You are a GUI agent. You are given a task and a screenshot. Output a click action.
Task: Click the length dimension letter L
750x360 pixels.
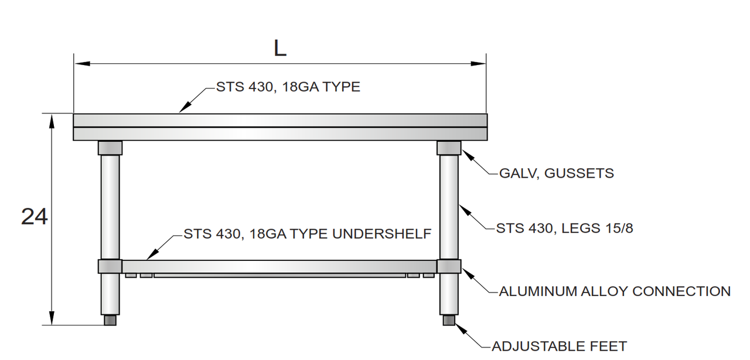pyautogui.click(x=280, y=49)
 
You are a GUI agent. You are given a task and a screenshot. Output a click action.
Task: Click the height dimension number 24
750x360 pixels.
pyautogui.click(x=34, y=217)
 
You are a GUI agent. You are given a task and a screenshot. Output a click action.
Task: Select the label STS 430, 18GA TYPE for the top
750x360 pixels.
pyautogui.click(x=288, y=87)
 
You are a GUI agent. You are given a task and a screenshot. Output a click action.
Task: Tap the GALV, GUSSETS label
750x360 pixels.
pyautogui.click(x=556, y=174)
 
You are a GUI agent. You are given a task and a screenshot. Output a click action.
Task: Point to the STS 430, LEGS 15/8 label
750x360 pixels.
pyautogui.click(x=564, y=228)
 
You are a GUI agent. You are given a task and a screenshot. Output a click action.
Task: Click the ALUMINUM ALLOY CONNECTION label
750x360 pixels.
pyautogui.click(x=614, y=291)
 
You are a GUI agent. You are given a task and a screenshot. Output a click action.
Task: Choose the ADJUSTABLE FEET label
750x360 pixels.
pyautogui.click(x=559, y=346)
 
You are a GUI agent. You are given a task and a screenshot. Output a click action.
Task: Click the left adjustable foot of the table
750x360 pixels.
pyautogui.click(x=110, y=320)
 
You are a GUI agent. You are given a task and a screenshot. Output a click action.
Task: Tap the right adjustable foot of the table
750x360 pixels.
pyautogui.click(x=449, y=320)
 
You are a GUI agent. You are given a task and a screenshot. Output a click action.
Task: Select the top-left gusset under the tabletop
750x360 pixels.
pyautogui.click(x=110, y=148)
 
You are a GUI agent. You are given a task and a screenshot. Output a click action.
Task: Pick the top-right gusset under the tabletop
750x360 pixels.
pyautogui.click(x=449, y=148)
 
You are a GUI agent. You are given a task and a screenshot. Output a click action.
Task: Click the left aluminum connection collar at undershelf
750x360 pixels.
pyautogui.click(x=110, y=266)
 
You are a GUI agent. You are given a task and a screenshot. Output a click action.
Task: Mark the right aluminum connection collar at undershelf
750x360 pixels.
pyautogui.click(x=449, y=266)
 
